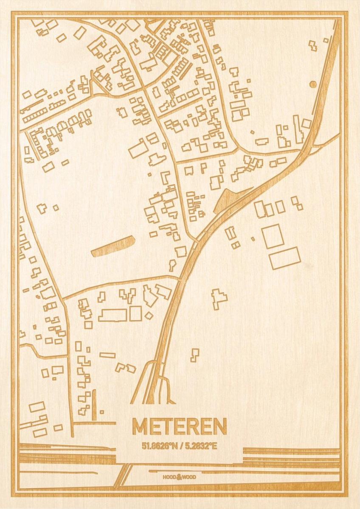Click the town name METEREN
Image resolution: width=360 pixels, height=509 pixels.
(179, 426)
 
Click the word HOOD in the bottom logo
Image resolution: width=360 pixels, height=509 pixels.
(169, 477)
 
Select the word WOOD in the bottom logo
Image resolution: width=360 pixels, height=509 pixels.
(190, 477)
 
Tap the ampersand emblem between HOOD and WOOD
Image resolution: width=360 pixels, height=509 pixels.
(180, 476)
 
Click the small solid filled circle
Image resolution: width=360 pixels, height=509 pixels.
(313, 84)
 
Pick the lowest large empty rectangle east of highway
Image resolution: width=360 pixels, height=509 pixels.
(284, 258)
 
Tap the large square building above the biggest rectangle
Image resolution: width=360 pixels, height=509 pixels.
(273, 236)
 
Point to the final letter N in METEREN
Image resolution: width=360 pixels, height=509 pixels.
(219, 426)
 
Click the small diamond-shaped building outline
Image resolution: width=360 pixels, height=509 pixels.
(148, 316)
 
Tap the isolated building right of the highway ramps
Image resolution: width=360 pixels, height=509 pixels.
(194, 355)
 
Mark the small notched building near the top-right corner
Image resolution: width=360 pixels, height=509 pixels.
(313, 45)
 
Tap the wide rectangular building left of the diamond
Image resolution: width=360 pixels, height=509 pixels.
(113, 315)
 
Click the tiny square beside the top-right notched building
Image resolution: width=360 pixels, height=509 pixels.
(326, 40)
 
